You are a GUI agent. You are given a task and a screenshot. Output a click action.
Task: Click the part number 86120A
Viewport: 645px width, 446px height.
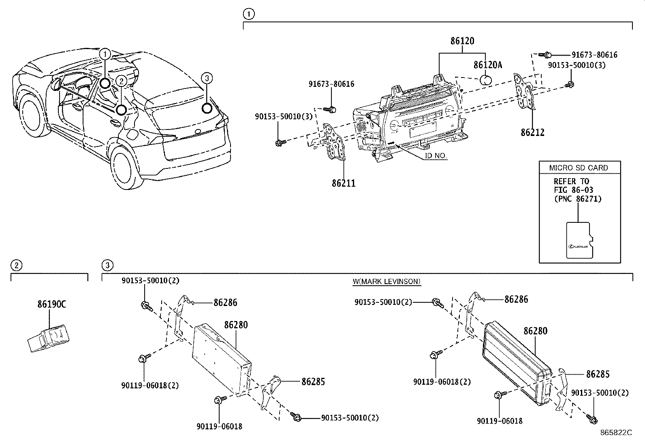tap(488, 65)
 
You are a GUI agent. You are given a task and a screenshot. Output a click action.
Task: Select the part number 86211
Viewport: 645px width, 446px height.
tap(344, 183)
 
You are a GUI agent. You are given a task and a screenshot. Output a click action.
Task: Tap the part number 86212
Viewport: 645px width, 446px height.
tap(532, 132)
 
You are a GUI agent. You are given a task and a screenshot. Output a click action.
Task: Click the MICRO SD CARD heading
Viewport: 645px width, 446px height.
tap(578, 168)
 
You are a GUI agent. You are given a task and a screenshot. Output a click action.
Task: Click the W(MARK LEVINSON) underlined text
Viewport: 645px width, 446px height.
tap(387, 281)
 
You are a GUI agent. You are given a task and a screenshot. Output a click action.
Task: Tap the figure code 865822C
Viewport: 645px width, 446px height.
tap(616, 433)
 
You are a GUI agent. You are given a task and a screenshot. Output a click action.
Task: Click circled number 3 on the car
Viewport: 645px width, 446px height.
tap(207, 78)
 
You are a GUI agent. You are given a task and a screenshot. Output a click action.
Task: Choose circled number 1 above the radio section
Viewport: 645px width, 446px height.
tap(248, 15)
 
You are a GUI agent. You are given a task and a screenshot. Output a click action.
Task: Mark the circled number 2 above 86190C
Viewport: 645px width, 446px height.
tap(16, 266)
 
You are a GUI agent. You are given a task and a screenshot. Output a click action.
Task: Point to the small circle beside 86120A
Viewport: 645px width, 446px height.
tap(486, 79)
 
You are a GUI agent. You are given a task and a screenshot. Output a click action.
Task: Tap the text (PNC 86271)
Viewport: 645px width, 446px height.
tap(577, 199)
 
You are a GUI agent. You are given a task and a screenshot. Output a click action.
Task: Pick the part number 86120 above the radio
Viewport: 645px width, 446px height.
tap(462, 41)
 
